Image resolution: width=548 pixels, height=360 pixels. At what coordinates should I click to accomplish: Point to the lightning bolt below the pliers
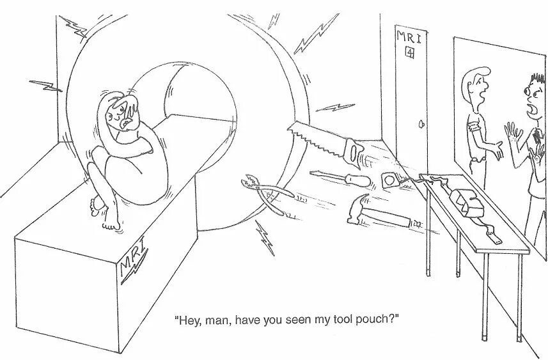(263, 235)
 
